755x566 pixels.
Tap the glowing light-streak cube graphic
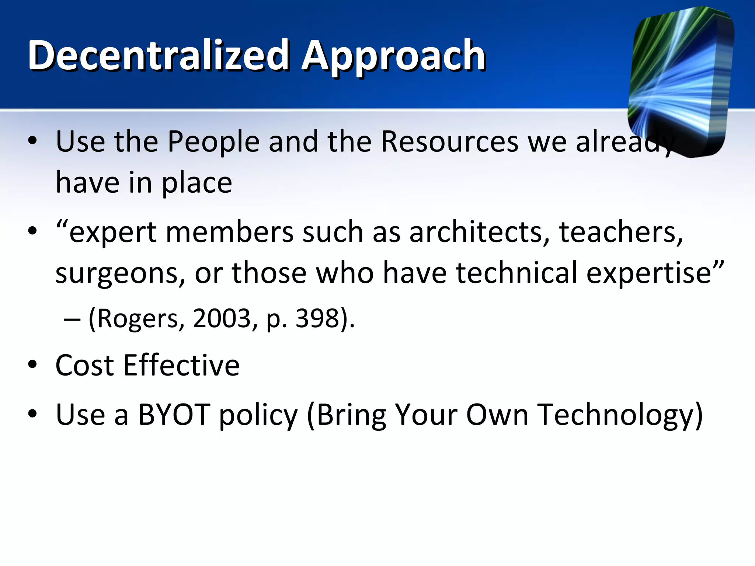[680, 81]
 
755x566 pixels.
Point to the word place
[197, 184]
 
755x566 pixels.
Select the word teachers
[621, 233]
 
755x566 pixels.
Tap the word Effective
[181, 366]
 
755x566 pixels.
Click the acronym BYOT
[174, 415]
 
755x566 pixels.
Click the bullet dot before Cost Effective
[32, 365]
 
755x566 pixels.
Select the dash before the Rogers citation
[72, 319]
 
